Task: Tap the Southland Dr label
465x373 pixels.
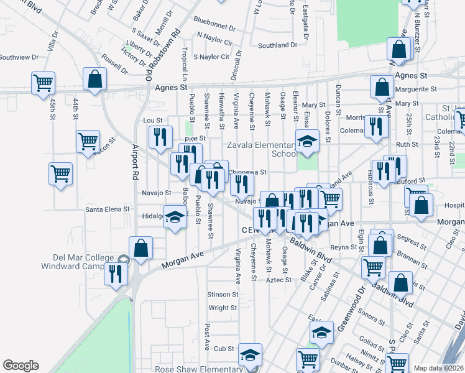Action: (x=277, y=45)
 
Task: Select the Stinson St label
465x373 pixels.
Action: (x=223, y=294)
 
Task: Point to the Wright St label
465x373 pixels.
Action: (x=223, y=308)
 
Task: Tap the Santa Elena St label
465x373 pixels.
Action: (x=108, y=210)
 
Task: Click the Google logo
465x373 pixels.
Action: (x=21, y=366)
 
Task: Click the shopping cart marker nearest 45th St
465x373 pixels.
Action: (x=44, y=82)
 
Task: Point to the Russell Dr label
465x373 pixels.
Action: (x=115, y=66)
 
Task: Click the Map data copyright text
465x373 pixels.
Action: (x=439, y=368)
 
